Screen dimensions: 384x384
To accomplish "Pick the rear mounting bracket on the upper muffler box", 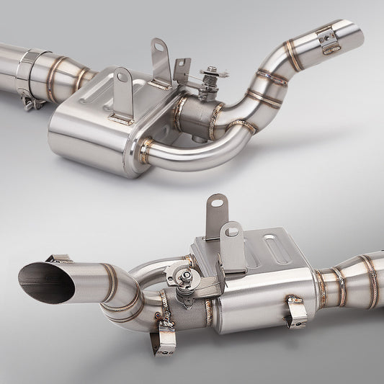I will coord(160,61).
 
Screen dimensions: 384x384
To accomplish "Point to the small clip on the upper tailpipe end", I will coord(329,43).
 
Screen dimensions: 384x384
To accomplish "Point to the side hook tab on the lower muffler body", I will coord(295,311).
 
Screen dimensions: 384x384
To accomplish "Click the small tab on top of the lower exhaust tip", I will coord(60,257).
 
